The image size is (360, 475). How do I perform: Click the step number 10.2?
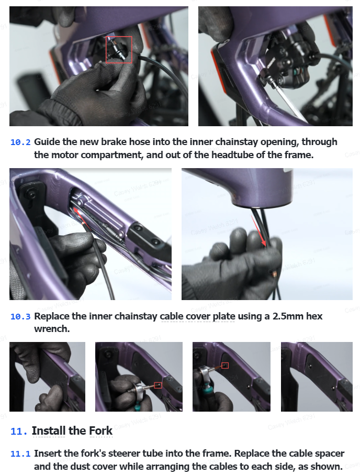pyautogui.click(x=20, y=142)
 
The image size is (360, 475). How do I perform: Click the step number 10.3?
pyautogui.click(x=20, y=316)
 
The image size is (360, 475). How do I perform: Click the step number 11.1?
pyautogui.click(x=20, y=454)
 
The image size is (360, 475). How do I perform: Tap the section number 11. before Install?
pyautogui.click(x=19, y=431)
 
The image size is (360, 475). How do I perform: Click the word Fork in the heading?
pyautogui.click(x=101, y=431)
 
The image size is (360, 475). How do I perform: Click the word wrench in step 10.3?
pyautogui.click(x=52, y=329)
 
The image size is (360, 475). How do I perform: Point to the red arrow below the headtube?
pyautogui.click(x=258, y=230)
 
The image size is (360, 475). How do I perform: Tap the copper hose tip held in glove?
pyautogui.click(x=274, y=273)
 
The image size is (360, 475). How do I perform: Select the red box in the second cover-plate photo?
pyautogui.click(x=157, y=385)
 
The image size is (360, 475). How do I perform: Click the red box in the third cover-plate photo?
pyautogui.click(x=225, y=366)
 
